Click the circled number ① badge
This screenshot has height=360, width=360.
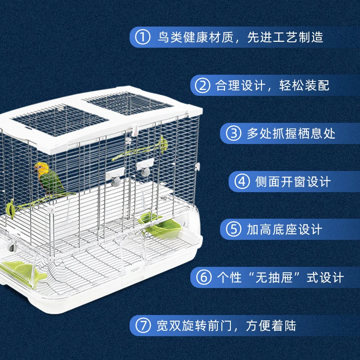(x=143, y=36)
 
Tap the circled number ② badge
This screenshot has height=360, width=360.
(x=202, y=85)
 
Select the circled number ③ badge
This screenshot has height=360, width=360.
(x=234, y=133)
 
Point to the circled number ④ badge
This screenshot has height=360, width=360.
(x=243, y=181)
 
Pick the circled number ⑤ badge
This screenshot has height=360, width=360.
(x=234, y=229)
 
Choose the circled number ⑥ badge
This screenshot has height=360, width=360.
(x=203, y=277)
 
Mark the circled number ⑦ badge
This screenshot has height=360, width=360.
(x=143, y=325)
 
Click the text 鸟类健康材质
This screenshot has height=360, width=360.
(x=195, y=36)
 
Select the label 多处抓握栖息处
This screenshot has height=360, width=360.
(x=291, y=133)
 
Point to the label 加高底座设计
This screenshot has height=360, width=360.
(x=284, y=229)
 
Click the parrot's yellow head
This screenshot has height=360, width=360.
(x=42, y=169)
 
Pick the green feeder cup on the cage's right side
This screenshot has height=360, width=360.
(x=167, y=225)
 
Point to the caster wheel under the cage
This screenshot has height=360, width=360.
(x=12, y=247)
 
